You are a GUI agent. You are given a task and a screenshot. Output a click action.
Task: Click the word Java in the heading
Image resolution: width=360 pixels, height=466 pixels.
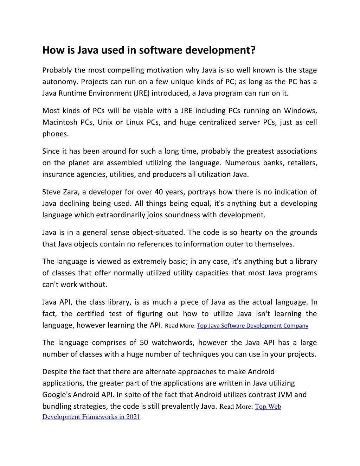(88, 51)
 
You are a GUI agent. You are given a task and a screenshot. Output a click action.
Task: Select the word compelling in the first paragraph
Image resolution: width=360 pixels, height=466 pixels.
(126, 70)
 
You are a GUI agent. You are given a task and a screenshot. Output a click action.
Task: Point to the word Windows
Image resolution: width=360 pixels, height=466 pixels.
(300, 111)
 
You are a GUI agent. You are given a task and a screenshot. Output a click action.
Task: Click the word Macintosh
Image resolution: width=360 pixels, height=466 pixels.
(60, 122)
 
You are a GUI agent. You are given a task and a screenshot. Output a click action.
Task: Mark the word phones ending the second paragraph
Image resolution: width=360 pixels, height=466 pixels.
(55, 134)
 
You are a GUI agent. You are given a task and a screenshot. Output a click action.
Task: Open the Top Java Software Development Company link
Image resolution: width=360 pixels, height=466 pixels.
(252, 326)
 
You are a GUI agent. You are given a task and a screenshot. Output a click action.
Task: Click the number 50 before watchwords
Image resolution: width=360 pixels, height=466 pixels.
(144, 343)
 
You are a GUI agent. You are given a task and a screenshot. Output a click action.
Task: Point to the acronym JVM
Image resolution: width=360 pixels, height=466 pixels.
(284, 395)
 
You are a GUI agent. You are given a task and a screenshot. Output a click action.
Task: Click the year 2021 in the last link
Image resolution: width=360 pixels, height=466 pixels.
(133, 417)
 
